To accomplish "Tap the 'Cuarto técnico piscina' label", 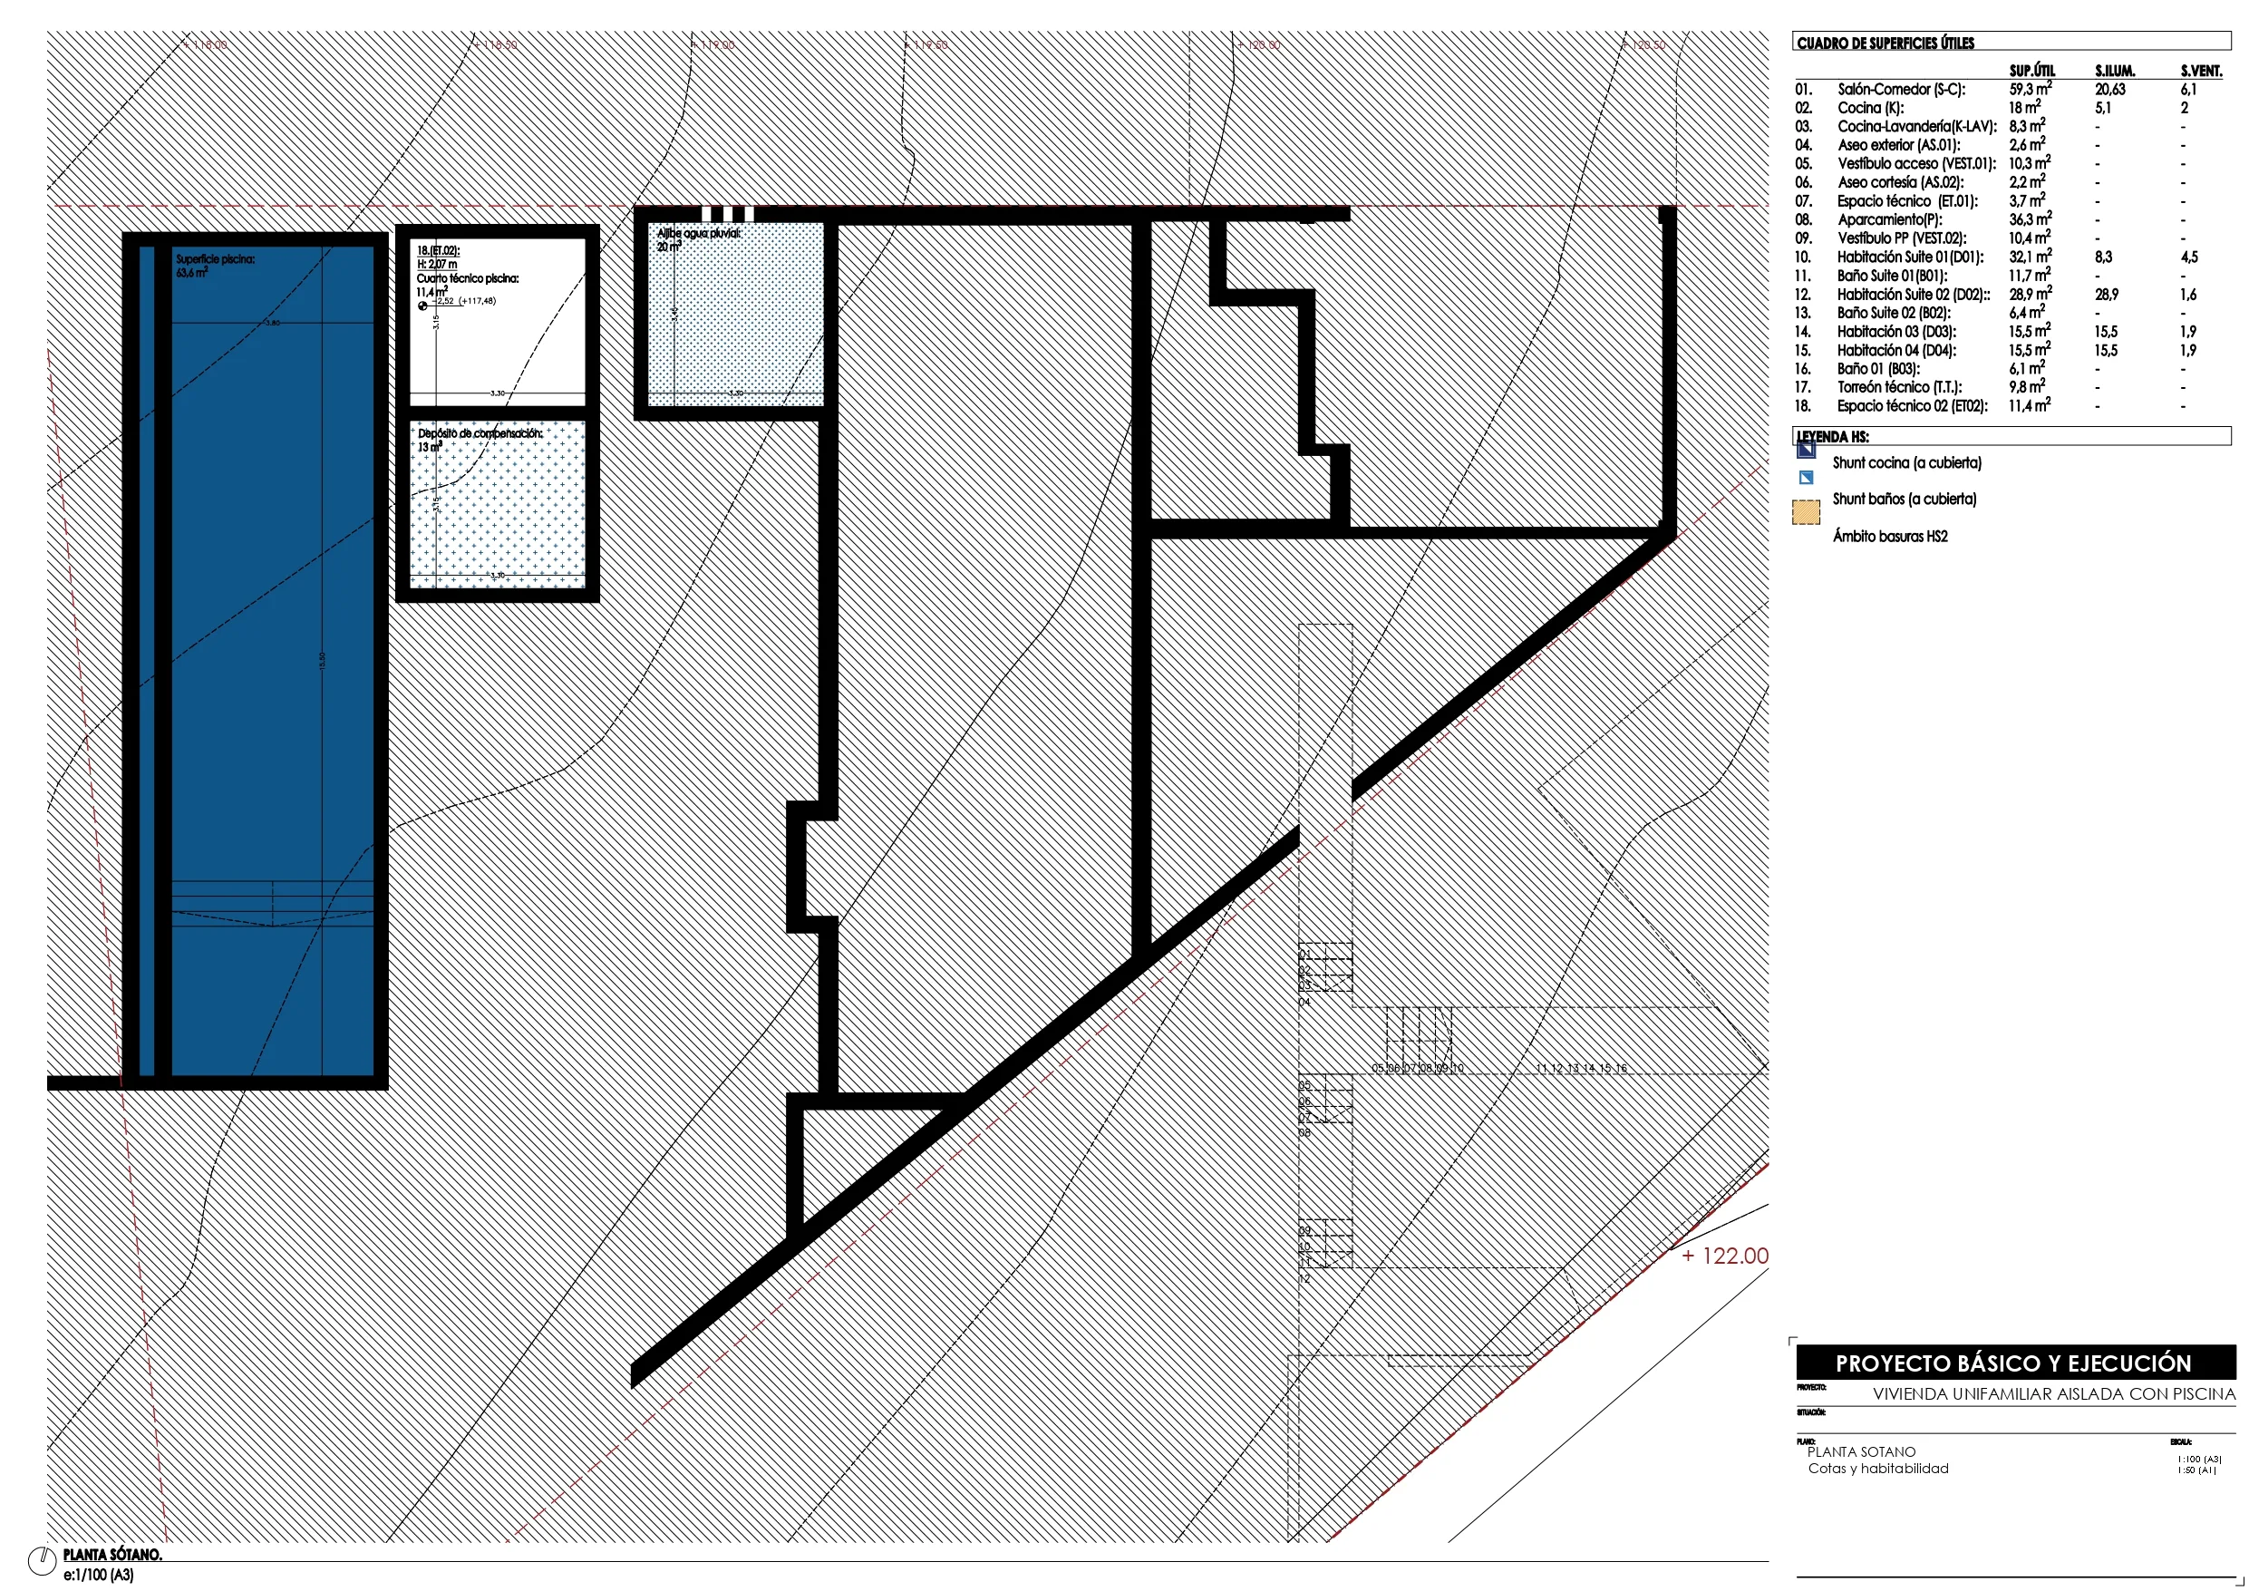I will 467,278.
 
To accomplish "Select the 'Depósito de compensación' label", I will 479,433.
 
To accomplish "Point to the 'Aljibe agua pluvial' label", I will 698,234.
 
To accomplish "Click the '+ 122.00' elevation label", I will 1724,1256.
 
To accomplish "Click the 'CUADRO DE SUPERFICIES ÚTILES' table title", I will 1885,44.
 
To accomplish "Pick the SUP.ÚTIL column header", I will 2031,71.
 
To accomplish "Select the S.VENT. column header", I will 2201,71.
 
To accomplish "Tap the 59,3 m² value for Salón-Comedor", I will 2030,89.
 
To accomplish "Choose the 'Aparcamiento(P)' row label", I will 1889,219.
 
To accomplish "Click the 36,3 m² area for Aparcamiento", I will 2030,219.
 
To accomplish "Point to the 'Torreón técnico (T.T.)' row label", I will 1899,387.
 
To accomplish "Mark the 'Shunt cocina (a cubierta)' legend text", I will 1906,462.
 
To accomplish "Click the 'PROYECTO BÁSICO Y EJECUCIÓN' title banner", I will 2013,1363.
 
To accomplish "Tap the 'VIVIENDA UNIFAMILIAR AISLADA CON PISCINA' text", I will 2054,1394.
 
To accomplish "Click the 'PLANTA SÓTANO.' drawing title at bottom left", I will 112,1554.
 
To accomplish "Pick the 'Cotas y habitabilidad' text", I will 1877,1469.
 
